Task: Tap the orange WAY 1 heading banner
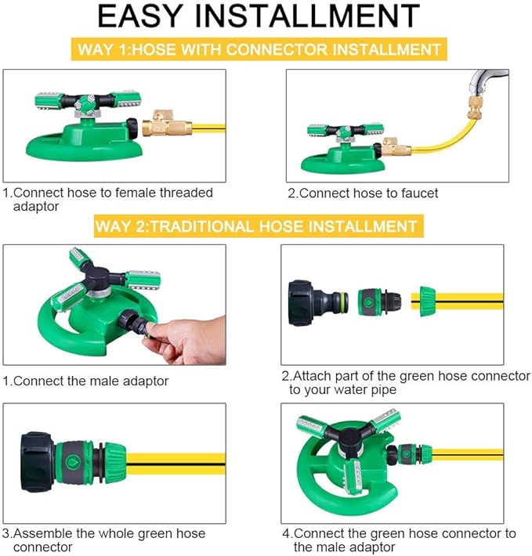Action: click(x=260, y=49)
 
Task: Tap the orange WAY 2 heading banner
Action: click(x=255, y=227)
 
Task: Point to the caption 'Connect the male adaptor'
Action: click(x=86, y=381)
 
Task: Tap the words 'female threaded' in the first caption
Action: click(x=163, y=193)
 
